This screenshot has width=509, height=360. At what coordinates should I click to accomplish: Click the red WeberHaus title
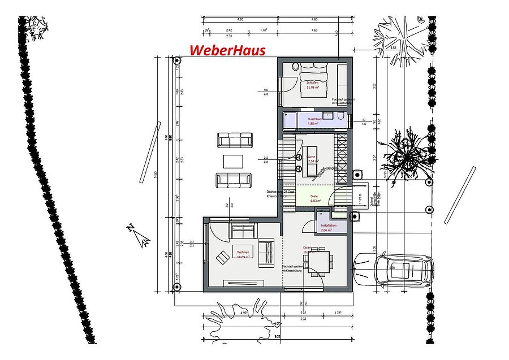point(227,50)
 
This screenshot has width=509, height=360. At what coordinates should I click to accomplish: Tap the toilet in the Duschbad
point(340,116)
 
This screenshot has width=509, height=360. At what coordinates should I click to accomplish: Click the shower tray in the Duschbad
point(289,121)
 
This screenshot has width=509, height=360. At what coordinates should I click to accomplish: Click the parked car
point(394,270)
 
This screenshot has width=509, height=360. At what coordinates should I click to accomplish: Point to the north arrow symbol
point(139,234)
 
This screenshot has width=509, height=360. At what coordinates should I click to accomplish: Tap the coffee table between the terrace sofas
point(234,161)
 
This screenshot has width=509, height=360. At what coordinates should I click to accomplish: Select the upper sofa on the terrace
point(234,140)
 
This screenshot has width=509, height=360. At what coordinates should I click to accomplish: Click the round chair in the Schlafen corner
point(295,66)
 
